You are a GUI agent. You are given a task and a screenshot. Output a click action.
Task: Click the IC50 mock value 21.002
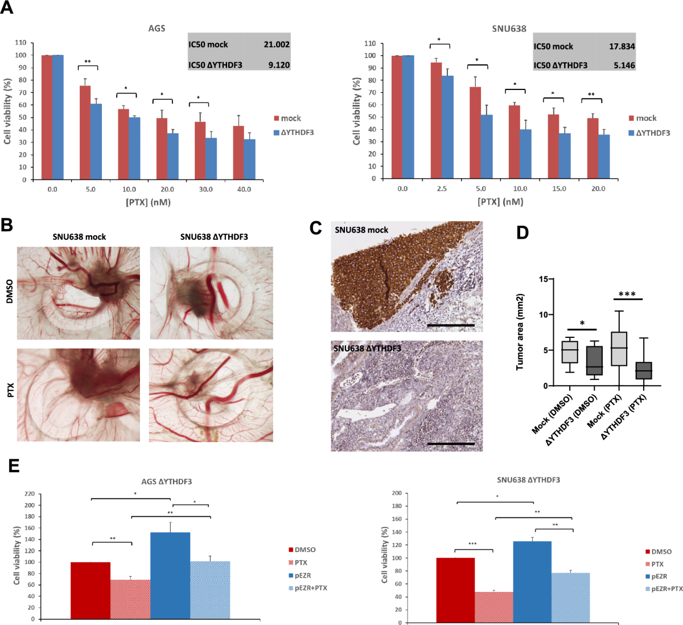[276, 44]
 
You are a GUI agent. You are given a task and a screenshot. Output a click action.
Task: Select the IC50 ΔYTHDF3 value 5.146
[624, 65]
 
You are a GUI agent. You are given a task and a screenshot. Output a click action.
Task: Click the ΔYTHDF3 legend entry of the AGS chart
[294, 132]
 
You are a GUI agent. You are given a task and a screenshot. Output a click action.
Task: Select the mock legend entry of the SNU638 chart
[643, 118]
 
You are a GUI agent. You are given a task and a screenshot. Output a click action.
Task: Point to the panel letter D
[522, 232]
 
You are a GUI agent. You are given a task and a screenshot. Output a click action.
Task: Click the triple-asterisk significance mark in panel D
[627, 295]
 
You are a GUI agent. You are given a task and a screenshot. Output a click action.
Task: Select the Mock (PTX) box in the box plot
[619, 349]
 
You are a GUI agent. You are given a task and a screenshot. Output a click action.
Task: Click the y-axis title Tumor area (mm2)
[520, 332]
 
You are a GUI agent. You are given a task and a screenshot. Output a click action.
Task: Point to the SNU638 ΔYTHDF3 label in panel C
[367, 348]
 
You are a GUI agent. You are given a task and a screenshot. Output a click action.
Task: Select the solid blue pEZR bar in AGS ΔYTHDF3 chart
[170, 575]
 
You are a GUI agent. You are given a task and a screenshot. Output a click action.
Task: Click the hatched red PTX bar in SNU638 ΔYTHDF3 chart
[494, 607]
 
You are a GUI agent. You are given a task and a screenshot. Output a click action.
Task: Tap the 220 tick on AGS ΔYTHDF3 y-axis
[28, 494]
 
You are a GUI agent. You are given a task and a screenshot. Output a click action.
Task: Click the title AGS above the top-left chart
[157, 28]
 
